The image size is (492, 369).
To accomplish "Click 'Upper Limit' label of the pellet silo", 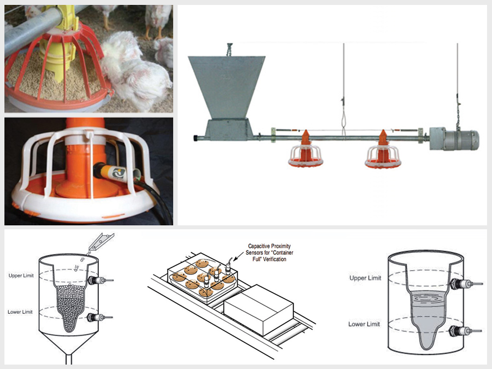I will click(x=21, y=276).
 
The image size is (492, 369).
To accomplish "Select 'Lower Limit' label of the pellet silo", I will click(x=21, y=312).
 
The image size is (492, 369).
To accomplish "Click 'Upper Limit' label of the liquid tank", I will click(x=364, y=278).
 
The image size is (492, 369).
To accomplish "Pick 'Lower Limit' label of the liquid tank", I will click(x=364, y=324).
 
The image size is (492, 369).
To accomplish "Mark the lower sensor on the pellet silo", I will click(x=97, y=317).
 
